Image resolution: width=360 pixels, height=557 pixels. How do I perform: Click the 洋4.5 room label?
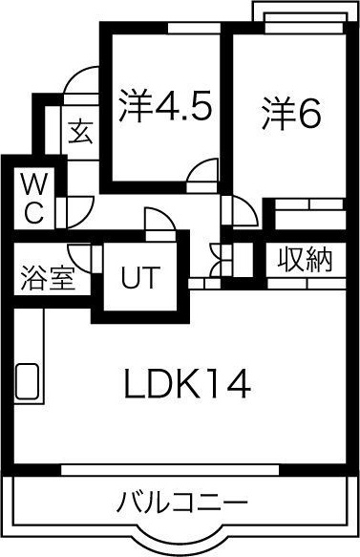click(x=165, y=105)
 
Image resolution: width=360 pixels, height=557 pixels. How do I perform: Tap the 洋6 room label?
click(x=291, y=113)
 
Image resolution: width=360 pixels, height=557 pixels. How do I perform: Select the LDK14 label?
click(x=187, y=384)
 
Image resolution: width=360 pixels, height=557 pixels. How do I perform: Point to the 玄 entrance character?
click(x=81, y=133)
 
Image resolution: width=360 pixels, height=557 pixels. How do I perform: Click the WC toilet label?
click(x=34, y=201)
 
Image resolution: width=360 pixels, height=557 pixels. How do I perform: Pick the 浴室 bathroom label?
click(x=48, y=277)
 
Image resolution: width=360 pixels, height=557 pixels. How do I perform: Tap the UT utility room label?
click(x=138, y=276)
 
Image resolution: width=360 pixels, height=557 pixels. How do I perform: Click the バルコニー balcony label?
click(x=181, y=503)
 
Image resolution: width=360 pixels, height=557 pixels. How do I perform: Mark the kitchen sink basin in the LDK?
click(x=28, y=381)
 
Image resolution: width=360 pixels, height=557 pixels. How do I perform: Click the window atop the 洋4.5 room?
click(x=194, y=28)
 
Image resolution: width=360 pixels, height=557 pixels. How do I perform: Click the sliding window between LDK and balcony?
click(x=170, y=469)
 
